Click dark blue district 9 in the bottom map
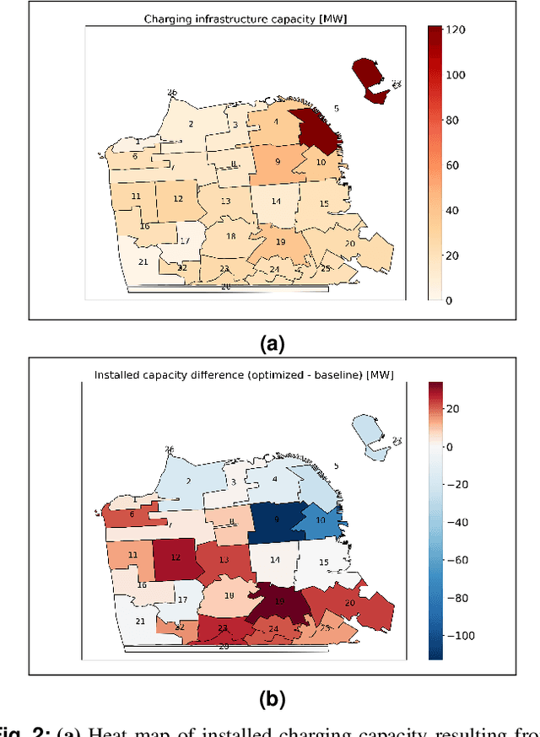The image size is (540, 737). pyautogui.click(x=276, y=521)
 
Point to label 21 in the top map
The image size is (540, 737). pyautogui.click(x=143, y=261)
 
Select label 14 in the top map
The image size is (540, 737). pyautogui.click(x=276, y=202)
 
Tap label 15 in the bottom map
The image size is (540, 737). pyautogui.click(x=323, y=562)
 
